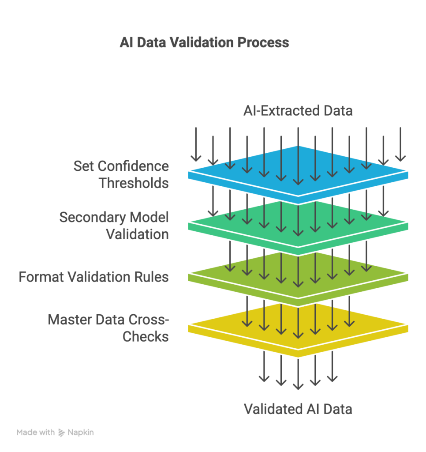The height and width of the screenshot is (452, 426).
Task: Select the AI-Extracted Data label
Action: pos(298,110)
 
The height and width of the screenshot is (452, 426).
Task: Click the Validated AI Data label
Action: pos(298,409)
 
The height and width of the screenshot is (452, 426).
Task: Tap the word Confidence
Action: pos(133,166)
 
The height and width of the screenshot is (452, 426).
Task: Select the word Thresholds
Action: pos(134,183)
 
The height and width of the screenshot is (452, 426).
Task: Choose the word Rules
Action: pos(152,277)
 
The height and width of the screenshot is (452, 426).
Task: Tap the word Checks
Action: pos(146,336)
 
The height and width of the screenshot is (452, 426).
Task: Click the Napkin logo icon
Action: pos(61,433)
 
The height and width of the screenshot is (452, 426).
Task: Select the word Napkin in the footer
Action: pos(81,433)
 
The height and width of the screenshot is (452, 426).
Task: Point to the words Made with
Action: pos(36,433)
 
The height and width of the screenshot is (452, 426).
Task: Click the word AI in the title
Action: pos(126,42)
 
